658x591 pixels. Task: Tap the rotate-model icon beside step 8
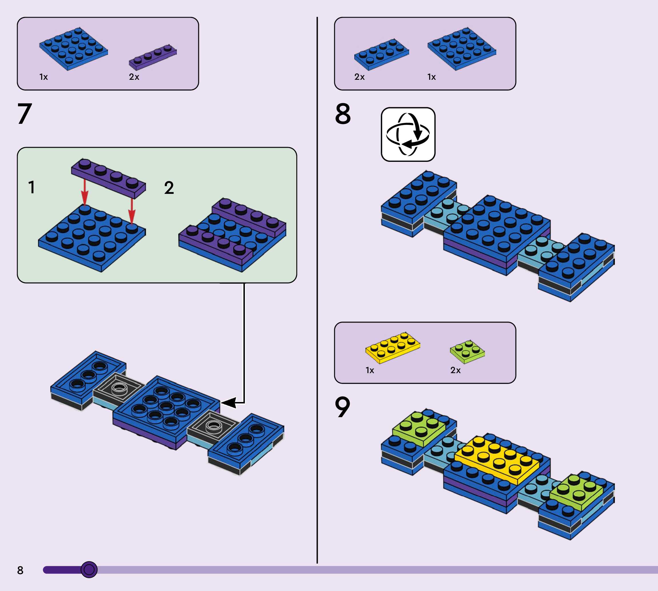pos(408,134)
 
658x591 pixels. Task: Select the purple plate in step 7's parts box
pos(153,57)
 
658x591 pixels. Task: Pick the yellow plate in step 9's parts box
pos(393,347)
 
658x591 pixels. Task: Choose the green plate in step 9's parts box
pos(467,351)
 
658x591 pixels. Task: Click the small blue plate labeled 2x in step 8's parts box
pos(381,54)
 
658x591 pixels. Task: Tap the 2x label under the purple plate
pos(134,77)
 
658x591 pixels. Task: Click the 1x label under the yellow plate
pos(370,370)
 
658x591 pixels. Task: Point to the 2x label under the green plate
pos(455,370)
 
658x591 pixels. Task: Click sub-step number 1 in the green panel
pos(31,187)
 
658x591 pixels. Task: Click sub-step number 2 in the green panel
pos(169,188)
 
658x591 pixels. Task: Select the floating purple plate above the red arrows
pos(108,178)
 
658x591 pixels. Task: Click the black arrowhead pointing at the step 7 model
pos(228,403)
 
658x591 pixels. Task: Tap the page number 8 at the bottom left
pos(20,570)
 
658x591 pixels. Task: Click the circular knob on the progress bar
pos(89,570)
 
